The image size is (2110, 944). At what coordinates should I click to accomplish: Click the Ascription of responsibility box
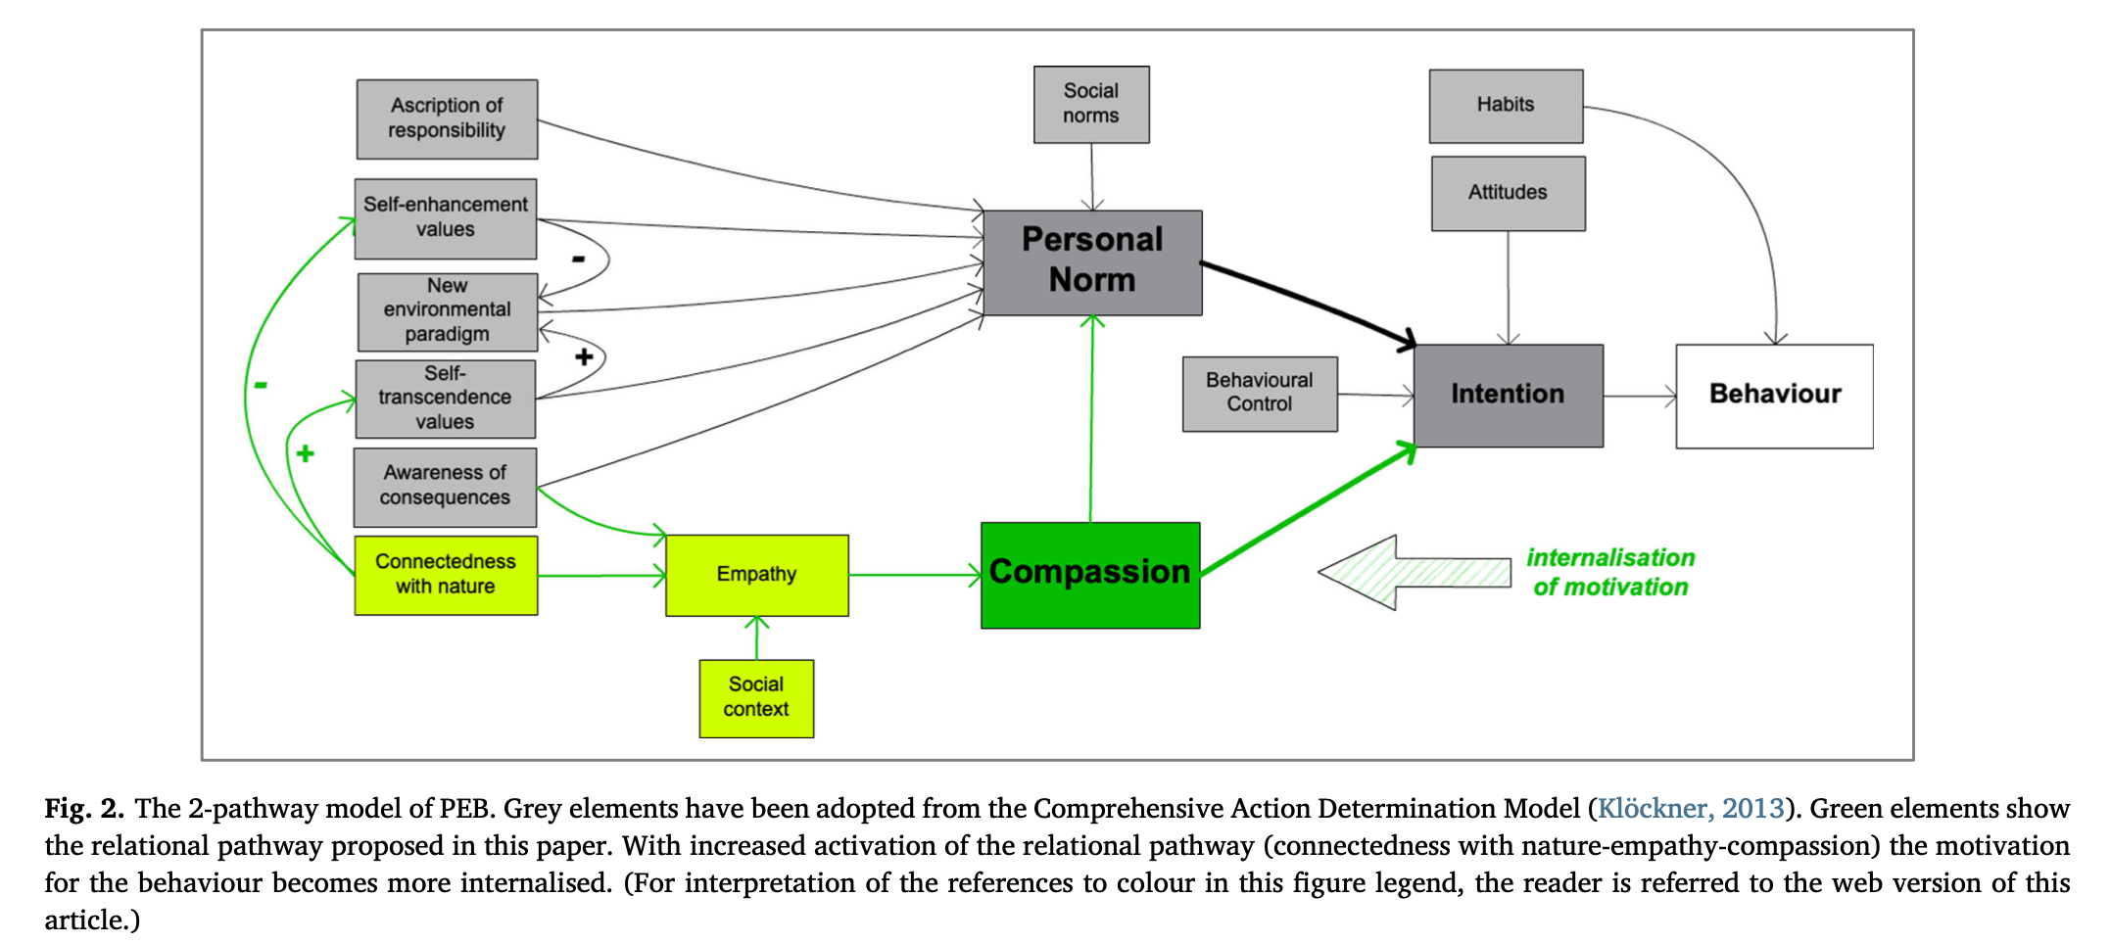click(x=447, y=118)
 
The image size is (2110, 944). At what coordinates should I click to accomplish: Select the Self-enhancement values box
click(x=446, y=217)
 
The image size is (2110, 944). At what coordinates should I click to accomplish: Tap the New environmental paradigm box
click(x=448, y=311)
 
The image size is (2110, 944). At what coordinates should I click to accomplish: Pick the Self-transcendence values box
click(x=446, y=399)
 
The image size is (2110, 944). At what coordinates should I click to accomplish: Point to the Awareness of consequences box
click(x=445, y=487)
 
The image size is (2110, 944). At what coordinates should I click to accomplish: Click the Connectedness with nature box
click(x=446, y=575)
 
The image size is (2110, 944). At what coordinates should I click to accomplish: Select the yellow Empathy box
click(x=756, y=575)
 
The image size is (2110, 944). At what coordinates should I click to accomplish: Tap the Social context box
click(x=756, y=697)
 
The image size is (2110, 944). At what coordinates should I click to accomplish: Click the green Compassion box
click(x=1089, y=575)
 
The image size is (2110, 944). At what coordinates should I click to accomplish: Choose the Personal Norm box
click(x=1092, y=261)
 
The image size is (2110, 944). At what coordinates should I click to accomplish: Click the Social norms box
click(x=1091, y=104)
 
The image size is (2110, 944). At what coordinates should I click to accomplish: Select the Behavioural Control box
click(x=1260, y=393)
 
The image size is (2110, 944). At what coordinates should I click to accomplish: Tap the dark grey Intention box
click(x=1508, y=395)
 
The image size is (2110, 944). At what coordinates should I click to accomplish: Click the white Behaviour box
click(x=1774, y=396)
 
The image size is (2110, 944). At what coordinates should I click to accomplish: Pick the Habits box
click(x=1506, y=106)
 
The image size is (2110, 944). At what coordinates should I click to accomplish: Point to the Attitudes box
click(x=1508, y=193)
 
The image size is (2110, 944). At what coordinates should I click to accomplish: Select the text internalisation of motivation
click(x=1610, y=573)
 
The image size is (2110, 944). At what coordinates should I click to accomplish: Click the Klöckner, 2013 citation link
click(x=1690, y=808)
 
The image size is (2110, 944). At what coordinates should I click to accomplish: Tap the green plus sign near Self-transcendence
click(x=305, y=453)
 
